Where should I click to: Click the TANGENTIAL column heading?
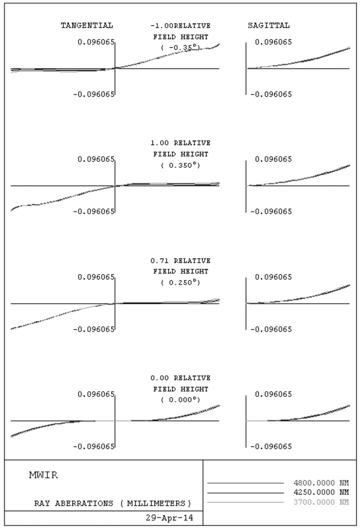click(86, 26)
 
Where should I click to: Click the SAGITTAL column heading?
click(268, 26)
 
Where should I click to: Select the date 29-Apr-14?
click(170, 518)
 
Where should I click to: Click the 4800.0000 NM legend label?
click(321, 483)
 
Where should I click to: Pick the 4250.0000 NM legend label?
click(321, 492)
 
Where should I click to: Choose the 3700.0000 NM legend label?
click(321, 502)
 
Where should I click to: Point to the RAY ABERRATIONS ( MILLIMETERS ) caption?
click(113, 504)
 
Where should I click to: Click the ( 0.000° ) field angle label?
click(181, 400)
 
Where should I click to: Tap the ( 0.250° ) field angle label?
click(181, 283)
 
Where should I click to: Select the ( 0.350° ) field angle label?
click(181, 165)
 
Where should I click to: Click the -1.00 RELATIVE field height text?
click(181, 26)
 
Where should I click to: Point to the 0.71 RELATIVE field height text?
click(181, 261)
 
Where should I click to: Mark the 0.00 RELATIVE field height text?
click(181, 378)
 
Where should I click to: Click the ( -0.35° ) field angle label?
click(181, 47)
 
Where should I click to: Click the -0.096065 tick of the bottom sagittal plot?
click(271, 447)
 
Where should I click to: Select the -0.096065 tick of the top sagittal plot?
click(271, 95)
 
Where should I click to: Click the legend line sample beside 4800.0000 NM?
click(245, 483)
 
